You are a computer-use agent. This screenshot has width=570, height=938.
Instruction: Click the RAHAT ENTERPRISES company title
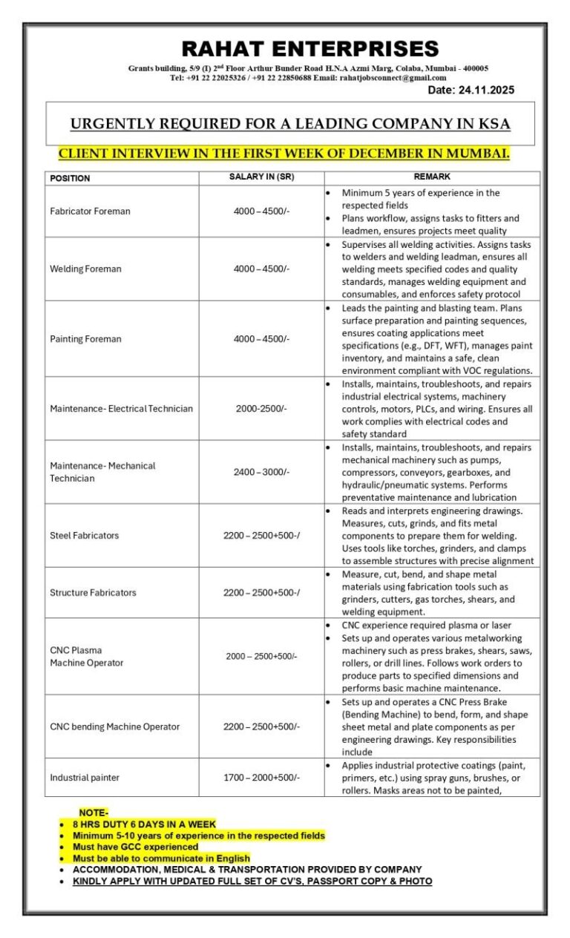[310, 49]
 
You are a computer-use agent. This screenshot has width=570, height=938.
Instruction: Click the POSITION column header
[70, 178]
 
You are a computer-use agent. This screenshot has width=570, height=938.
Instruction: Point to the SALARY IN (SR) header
[261, 177]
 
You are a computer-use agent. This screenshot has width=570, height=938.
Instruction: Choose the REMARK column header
[432, 177]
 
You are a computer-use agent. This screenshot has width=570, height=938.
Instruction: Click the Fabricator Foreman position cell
[90, 211]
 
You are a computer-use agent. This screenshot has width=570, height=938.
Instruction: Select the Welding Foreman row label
[85, 269]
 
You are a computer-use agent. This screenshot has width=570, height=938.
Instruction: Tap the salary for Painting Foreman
[261, 339]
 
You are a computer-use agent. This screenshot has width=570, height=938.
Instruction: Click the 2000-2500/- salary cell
[261, 408]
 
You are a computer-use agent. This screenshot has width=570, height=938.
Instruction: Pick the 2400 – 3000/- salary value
[261, 472]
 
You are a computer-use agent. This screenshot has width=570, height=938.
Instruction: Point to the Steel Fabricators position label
[84, 536]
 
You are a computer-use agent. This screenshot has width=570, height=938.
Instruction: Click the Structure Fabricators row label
[93, 593]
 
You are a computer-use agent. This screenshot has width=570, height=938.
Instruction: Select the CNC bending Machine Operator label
[114, 727]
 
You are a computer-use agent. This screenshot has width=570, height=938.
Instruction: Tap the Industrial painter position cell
[85, 778]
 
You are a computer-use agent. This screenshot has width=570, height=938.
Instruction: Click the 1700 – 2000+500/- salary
[261, 778]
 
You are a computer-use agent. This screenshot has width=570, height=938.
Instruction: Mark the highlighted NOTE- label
[94, 813]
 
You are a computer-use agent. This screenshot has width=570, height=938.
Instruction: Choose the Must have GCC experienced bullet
[135, 847]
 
